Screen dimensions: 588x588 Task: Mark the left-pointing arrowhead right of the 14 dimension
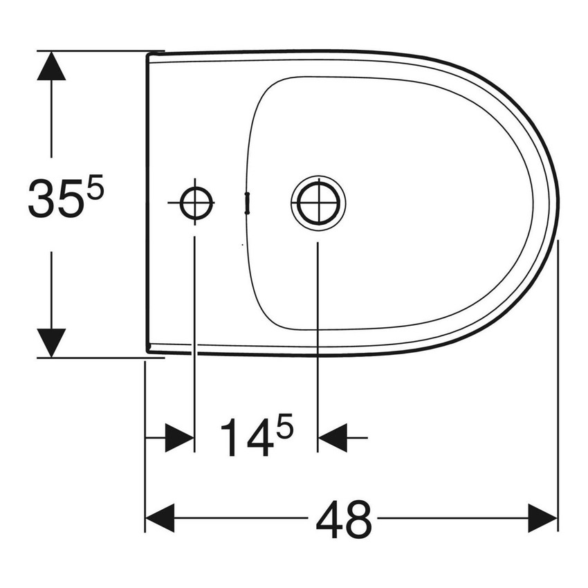[x=331, y=439]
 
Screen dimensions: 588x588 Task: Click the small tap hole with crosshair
[x=194, y=203]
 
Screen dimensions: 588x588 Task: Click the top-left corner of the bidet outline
[x=148, y=54]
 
